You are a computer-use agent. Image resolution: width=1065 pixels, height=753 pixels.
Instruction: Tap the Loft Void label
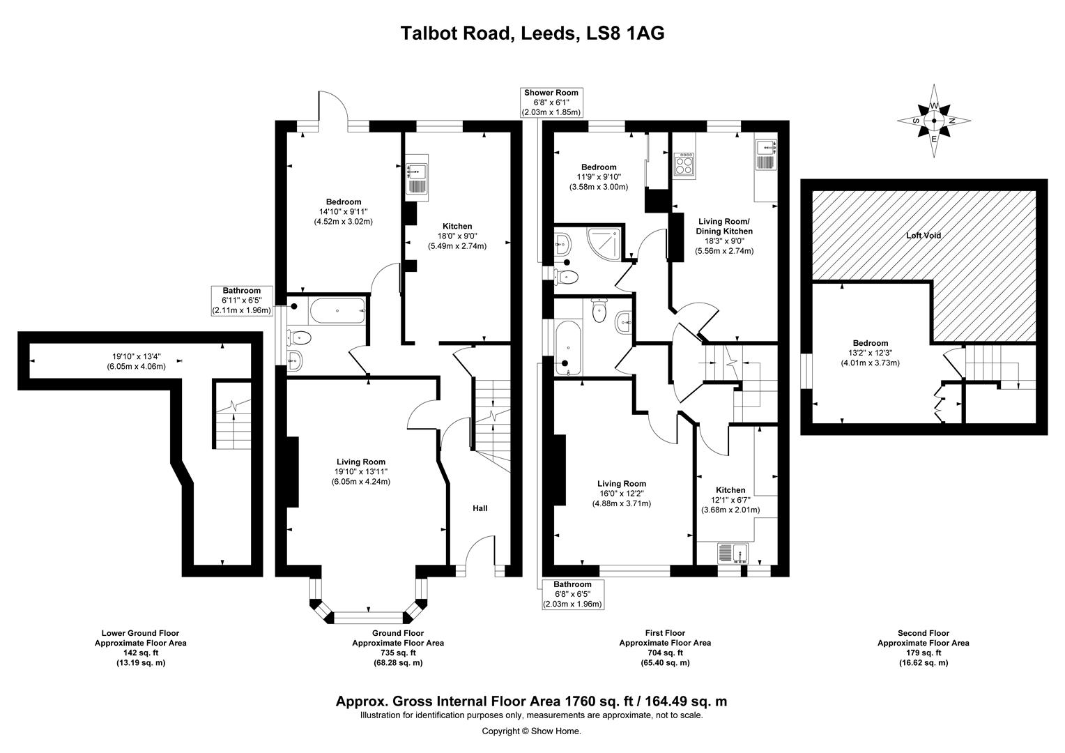(x=923, y=236)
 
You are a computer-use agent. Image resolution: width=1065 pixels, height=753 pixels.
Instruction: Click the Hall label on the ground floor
(x=480, y=508)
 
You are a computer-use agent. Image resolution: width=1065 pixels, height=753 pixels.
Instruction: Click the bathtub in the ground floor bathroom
(x=337, y=311)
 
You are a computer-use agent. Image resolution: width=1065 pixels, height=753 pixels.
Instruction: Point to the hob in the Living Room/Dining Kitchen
(x=684, y=165)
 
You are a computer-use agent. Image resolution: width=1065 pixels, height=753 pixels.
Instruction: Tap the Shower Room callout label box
(x=551, y=102)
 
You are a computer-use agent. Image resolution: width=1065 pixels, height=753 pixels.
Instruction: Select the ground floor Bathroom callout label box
(x=241, y=301)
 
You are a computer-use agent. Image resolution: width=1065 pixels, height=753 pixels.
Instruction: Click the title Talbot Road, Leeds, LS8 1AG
(x=532, y=33)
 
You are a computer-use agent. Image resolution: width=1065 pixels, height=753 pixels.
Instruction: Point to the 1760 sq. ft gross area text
(x=532, y=701)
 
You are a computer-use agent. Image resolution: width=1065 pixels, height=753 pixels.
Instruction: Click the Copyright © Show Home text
(x=532, y=731)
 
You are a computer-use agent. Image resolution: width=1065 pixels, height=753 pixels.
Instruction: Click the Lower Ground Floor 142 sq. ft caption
(x=141, y=648)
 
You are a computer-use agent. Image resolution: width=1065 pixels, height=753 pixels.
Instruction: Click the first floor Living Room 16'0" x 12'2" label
(x=621, y=493)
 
